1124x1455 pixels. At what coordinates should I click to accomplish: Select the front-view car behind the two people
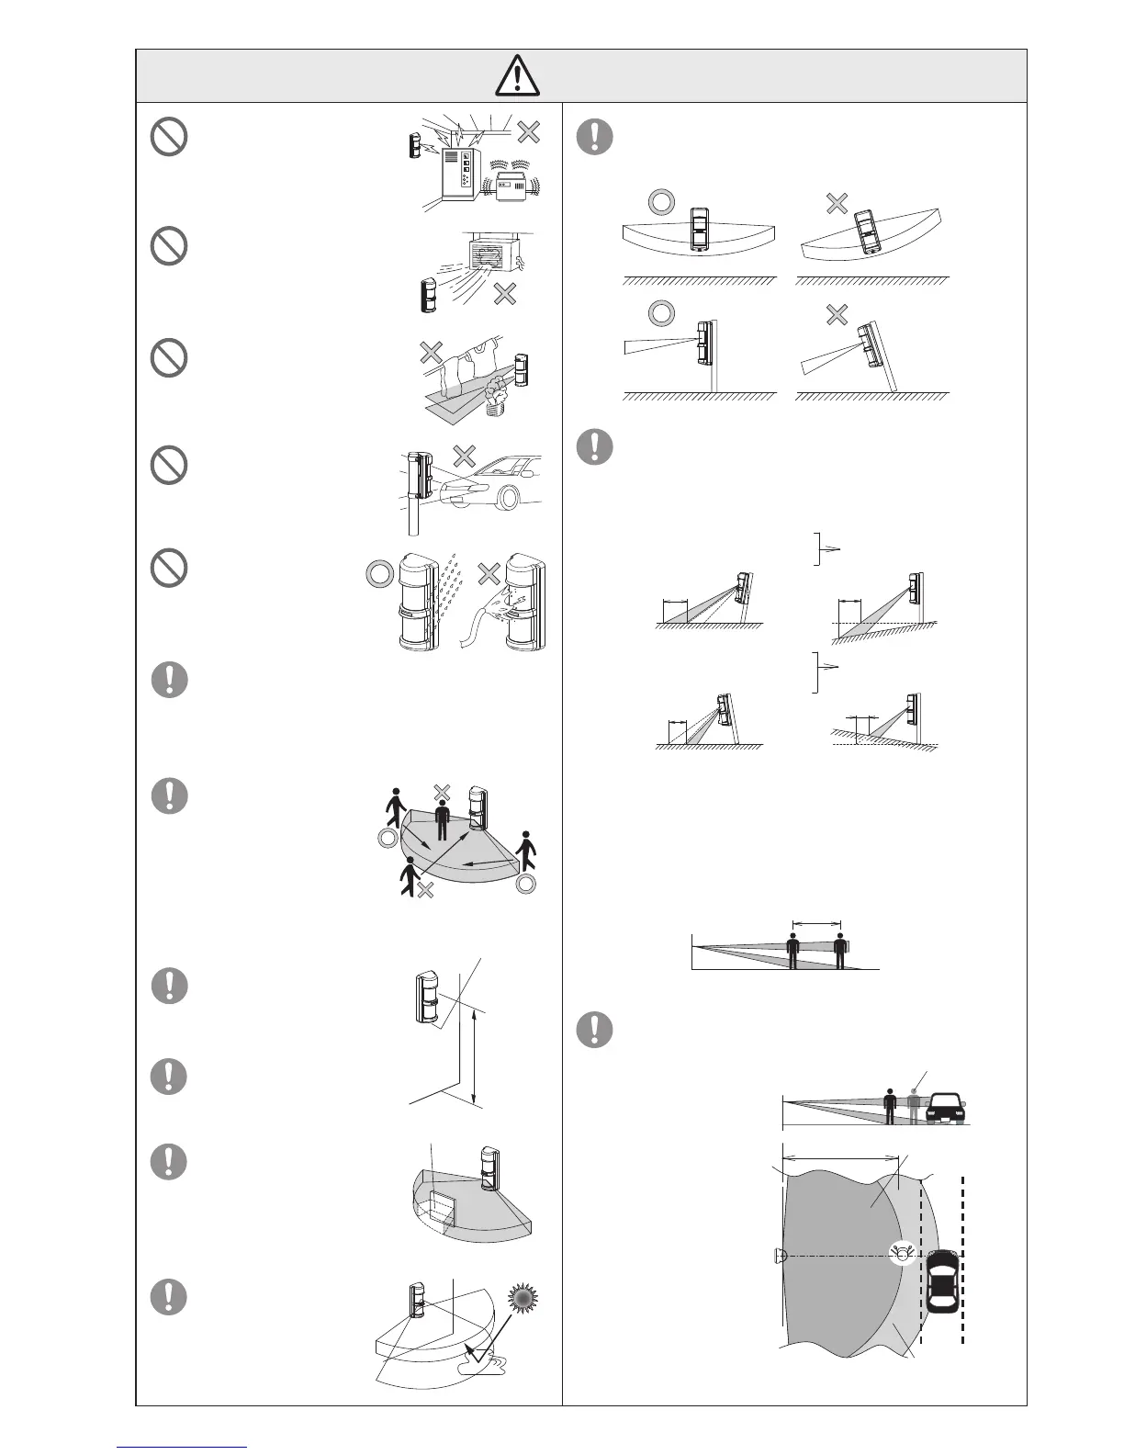coord(946,1108)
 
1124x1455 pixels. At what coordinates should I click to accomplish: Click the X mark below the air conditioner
coord(504,294)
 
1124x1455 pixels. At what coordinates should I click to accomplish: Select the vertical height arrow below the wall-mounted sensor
coord(473,1056)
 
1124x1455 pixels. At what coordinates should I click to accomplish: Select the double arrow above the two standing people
coord(815,924)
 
